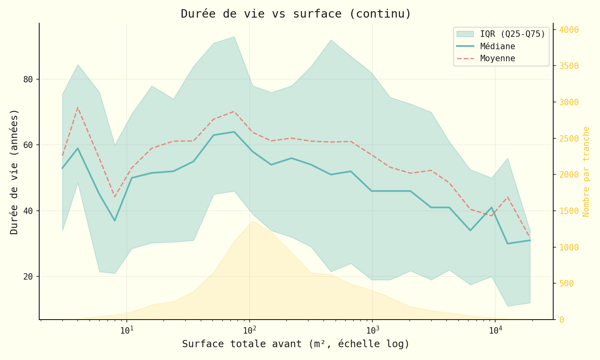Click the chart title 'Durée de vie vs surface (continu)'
pyautogui.click(x=296, y=14)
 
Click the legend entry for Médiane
pyautogui.click(x=498, y=46)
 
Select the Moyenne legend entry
pyautogui.click(x=498, y=58)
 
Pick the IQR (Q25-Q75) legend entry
pyautogui.click(x=512, y=34)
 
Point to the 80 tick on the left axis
pyautogui.click(x=28, y=79)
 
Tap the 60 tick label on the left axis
pyautogui.click(x=28, y=145)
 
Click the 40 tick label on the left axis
pyautogui.click(x=28, y=211)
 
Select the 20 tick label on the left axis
pyautogui.click(x=28, y=276)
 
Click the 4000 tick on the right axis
pyautogui.click(x=569, y=30)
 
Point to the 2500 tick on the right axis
pyautogui.click(x=569, y=138)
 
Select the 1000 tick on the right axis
pyautogui.click(x=569, y=247)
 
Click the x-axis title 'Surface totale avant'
pyautogui.click(x=296, y=344)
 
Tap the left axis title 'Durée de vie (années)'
pyautogui.click(x=14, y=172)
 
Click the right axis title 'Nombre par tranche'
pyautogui.click(x=586, y=172)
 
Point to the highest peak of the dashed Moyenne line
pyautogui.click(x=78, y=107)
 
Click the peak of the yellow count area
pyautogui.click(x=252, y=221)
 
